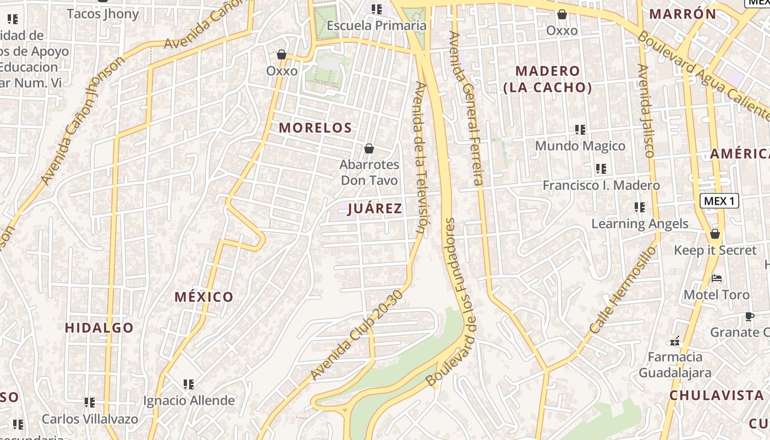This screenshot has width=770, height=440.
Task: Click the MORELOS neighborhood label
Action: pos(315,128)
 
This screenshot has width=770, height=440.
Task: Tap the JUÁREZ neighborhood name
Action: pos(375,208)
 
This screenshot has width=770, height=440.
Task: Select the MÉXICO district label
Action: pos(204,297)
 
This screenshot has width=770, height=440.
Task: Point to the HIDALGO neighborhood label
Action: pos(99,328)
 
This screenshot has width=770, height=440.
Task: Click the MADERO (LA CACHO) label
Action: pos(548,79)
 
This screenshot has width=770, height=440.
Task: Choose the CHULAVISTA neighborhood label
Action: pos(717,395)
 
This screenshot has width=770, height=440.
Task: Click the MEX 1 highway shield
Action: pos(719,201)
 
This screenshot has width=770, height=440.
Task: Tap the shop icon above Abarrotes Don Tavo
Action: pos(369,148)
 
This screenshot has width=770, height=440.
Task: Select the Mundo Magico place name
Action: pos(580,146)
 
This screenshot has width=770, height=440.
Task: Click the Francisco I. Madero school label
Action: pos(601,185)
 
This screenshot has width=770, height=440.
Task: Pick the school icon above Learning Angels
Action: pos(639,207)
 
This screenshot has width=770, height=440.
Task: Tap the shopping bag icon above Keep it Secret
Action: pos(714,234)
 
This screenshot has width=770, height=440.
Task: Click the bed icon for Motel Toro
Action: pos(716,278)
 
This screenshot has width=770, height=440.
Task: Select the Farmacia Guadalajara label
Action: pos(675,365)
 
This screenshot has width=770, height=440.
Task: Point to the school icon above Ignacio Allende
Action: pos(189,384)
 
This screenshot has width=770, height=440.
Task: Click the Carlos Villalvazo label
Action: pos(90,419)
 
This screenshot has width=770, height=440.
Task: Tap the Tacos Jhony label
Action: pos(103,14)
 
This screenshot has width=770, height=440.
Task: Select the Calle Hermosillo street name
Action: pos(623,289)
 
